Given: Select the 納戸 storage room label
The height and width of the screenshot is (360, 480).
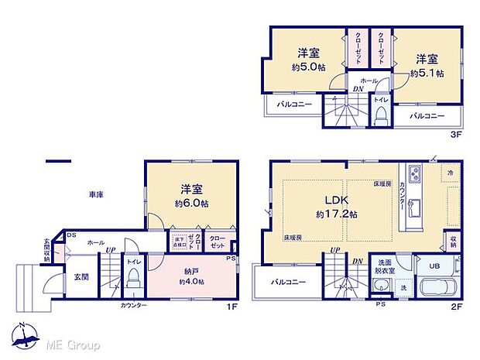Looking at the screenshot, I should pos(190,272).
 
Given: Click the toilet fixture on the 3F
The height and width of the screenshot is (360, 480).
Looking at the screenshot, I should pos(380,114).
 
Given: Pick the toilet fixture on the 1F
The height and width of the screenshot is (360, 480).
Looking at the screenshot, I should pos(132,281).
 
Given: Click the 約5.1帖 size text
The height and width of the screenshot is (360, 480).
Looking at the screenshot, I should pos(427,73).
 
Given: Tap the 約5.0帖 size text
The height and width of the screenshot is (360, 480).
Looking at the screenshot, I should pos(309,67).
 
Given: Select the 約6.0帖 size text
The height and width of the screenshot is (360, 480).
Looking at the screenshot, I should pos(192,203).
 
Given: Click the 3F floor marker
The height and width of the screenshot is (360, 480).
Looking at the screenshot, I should pos(456,133).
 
